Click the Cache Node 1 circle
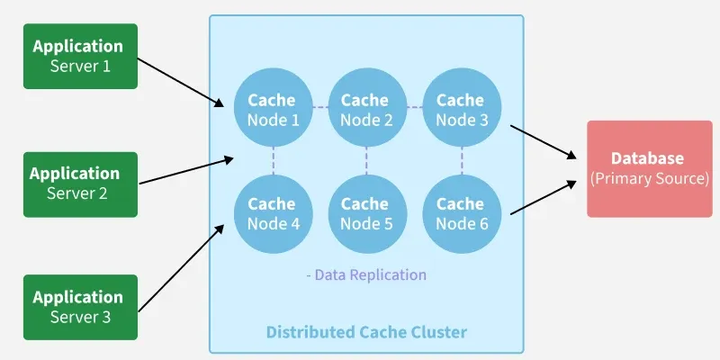tap(272, 110)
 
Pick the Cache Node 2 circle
tap(365, 110)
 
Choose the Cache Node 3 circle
tap(460, 110)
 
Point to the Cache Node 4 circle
tap(272, 213)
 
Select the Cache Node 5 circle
tap(365, 213)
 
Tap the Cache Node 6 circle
tap(460, 213)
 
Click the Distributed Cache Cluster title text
tap(366, 332)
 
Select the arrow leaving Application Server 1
tap(184, 84)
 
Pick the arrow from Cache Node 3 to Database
tap(543, 141)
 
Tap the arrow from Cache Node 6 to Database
tap(543, 198)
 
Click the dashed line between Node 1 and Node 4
tap(272, 162)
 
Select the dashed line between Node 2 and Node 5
tap(365, 162)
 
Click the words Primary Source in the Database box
tap(650, 179)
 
